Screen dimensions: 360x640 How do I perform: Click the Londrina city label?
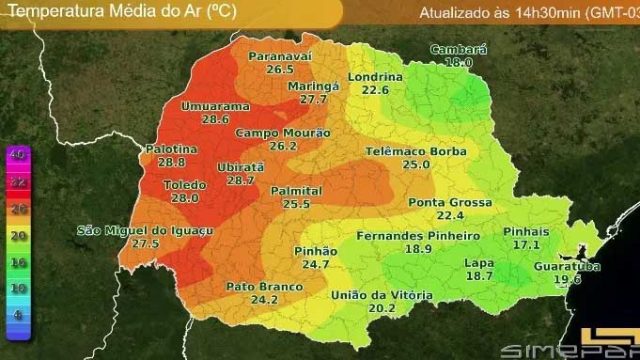coord(375,77)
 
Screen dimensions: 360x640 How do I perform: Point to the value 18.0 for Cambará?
coord(458,62)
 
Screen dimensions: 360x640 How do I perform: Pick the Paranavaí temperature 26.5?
coord(280,70)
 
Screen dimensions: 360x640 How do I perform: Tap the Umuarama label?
coord(215,106)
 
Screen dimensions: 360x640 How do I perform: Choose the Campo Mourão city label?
coord(283,133)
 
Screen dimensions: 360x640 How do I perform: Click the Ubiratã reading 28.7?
coord(241,180)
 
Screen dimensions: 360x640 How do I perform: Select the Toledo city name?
coord(186,185)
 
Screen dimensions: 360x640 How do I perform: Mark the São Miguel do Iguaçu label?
coord(146,231)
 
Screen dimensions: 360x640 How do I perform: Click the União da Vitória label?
coord(382,295)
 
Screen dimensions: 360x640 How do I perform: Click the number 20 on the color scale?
coord(17,234)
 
